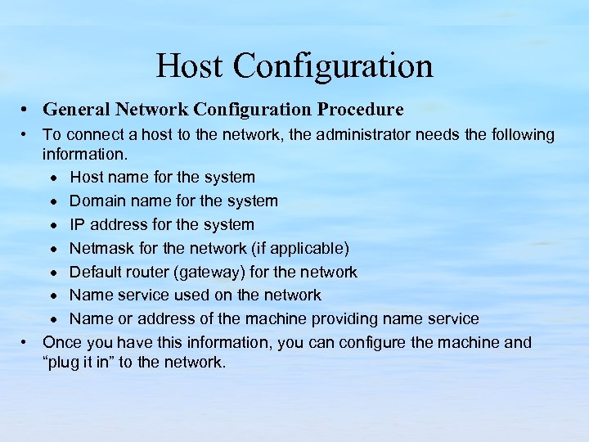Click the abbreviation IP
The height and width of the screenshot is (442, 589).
(78, 224)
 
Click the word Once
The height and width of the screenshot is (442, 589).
(62, 342)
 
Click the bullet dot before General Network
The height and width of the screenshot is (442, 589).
(27, 110)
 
